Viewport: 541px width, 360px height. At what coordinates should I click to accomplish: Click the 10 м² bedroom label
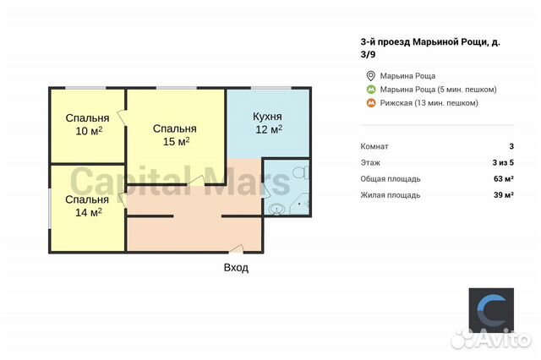click(x=87, y=124)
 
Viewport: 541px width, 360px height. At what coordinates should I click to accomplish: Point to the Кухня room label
click(x=268, y=117)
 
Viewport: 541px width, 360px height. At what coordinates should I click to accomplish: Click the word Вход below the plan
click(x=236, y=267)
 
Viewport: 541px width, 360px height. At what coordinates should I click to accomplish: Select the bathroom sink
click(x=276, y=210)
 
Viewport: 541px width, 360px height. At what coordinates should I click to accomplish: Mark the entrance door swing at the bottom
click(x=238, y=248)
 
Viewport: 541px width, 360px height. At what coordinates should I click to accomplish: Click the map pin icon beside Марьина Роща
click(x=369, y=75)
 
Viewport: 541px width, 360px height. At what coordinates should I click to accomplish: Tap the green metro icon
click(x=369, y=90)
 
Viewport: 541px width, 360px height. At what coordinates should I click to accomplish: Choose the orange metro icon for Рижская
click(x=369, y=103)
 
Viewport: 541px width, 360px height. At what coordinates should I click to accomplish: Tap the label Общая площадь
click(x=390, y=178)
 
